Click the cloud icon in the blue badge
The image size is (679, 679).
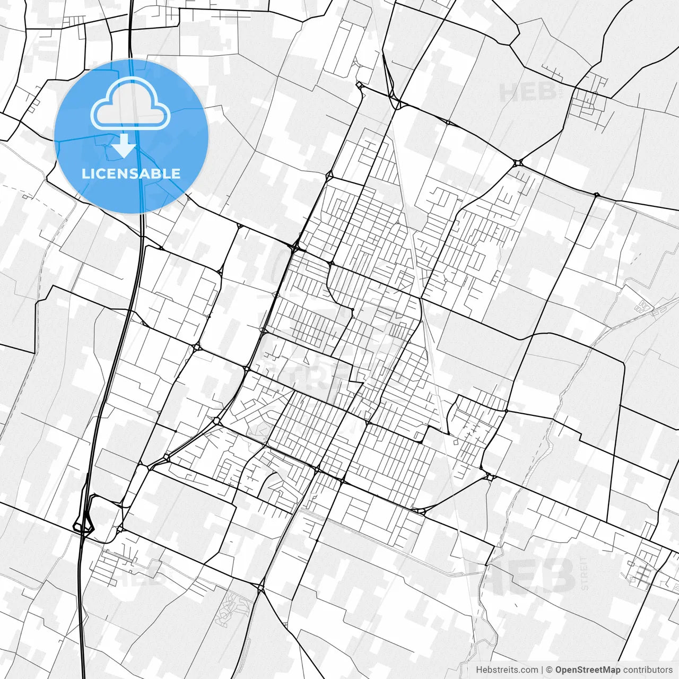pyautogui.click(x=130, y=104)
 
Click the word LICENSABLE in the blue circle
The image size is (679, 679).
pyautogui.click(x=131, y=173)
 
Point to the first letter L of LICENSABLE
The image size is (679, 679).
pyautogui.click(x=85, y=173)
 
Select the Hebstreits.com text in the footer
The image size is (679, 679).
pyautogui.click(x=507, y=670)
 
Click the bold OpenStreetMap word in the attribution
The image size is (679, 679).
pyautogui.click(x=588, y=670)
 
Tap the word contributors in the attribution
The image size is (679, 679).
pyautogui.click(x=648, y=670)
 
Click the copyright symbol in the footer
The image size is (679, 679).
pyautogui.click(x=550, y=670)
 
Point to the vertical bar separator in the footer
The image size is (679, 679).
pyautogui.click(x=542, y=670)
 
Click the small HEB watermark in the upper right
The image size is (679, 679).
pyautogui.click(x=527, y=92)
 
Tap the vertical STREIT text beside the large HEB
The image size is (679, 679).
pyautogui.click(x=585, y=573)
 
